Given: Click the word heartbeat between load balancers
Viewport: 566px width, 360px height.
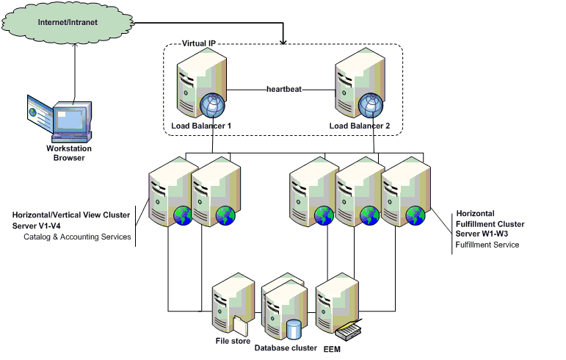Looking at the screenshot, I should pos(286,90).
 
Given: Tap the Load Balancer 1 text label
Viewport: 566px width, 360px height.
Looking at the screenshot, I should pos(201,126).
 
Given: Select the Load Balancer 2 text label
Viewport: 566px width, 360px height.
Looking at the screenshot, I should pos(360,126).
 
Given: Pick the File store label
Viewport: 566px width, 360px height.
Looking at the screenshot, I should pos(233,341).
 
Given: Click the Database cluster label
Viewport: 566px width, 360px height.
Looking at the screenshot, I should pos(286,348).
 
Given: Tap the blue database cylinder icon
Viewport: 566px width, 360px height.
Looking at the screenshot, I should pos(294,328).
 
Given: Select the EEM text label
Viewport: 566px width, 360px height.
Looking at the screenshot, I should pos(333,348).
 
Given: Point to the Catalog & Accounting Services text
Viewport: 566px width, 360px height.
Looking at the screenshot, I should pos(77,237).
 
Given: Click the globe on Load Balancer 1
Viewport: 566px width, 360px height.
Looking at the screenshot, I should pos(211,107).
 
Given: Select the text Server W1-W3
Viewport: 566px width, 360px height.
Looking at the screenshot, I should pos(482,233).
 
